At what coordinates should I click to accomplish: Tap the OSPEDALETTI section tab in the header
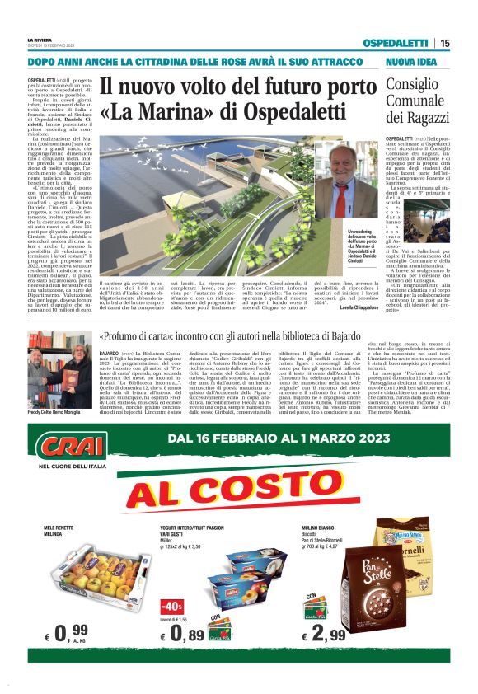[399, 43]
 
